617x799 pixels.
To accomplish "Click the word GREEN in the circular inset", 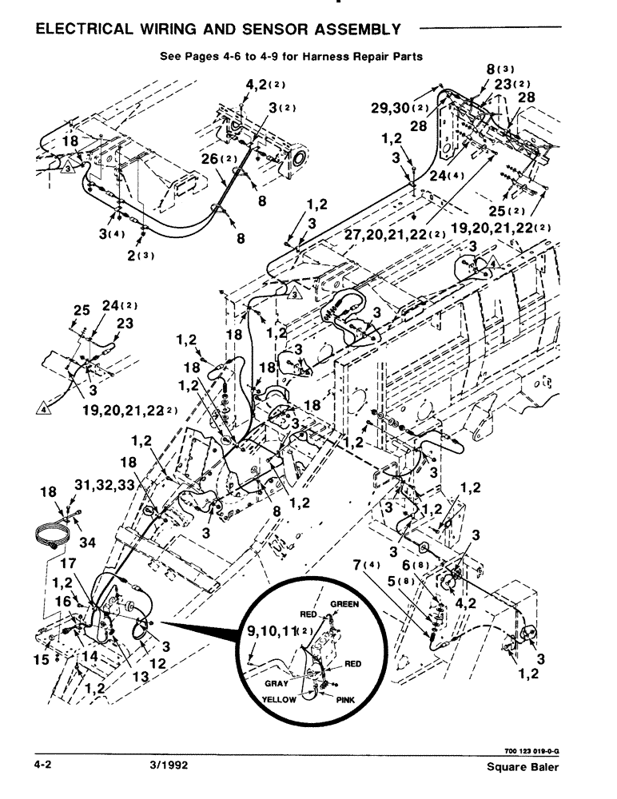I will point(344,605).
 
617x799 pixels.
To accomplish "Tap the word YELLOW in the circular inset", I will point(279,699).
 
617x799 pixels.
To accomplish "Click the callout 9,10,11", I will point(266,636).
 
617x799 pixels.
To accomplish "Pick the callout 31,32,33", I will point(105,487).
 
